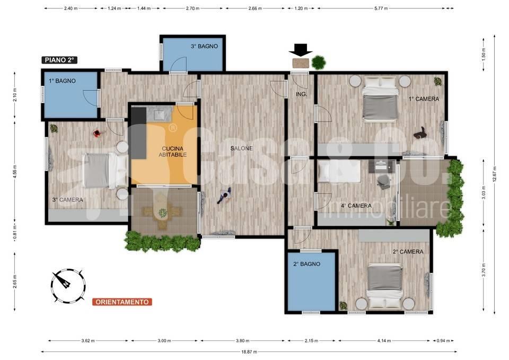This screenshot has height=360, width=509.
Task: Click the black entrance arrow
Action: pos(301,50)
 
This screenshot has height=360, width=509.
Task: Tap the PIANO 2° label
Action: pos(59,60)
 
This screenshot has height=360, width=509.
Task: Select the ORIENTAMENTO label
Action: pos(122,302)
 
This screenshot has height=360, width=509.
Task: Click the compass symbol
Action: pos(68,286)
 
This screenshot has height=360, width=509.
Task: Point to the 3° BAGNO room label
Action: pos(204,46)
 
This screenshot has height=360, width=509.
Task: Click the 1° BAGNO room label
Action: pos(63,81)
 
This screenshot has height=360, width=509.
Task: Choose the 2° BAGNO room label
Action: pos(307,264)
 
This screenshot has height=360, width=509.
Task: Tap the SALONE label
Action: pos(242,148)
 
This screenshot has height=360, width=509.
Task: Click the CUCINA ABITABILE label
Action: pos(173,152)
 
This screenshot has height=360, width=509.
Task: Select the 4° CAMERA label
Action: pos(356,206)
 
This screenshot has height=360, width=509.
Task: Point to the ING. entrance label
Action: pos(301,94)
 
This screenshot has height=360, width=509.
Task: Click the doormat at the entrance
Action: pos(301,63)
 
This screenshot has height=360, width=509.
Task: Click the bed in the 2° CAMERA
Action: pos(385,286)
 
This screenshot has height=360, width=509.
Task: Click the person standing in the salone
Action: pos(224,196)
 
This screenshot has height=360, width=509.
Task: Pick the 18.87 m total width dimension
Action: pos(249,352)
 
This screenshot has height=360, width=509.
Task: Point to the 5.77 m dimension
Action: pos(381,8)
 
